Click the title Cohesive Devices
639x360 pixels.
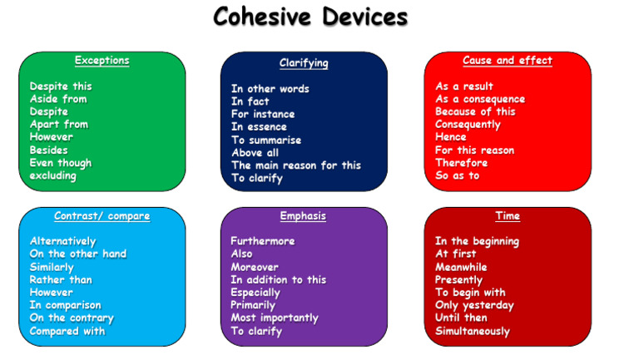pyautogui.click(x=310, y=17)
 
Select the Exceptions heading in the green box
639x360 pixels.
pyautogui.click(x=102, y=61)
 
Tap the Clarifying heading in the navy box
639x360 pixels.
pyautogui.click(x=304, y=63)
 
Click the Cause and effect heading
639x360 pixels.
pyautogui.click(x=507, y=61)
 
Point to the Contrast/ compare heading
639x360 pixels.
pyautogui.click(x=102, y=216)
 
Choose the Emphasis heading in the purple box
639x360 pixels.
pyautogui.click(x=303, y=216)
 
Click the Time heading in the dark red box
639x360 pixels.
pyautogui.click(x=507, y=216)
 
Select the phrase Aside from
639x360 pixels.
pyautogui.click(x=58, y=99)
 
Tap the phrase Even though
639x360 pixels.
pyautogui.click(x=61, y=163)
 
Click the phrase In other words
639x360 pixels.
pyautogui.click(x=270, y=89)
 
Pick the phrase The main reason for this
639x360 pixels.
pyautogui.click(x=295, y=165)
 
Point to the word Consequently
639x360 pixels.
pyautogui.click(x=468, y=125)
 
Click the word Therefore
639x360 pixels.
pyautogui.click(x=461, y=163)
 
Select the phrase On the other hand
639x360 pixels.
pyautogui.click(x=78, y=254)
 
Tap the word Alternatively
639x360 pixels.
pyautogui.click(x=62, y=241)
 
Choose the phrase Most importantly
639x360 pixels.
pyautogui.click(x=275, y=318)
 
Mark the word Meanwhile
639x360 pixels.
pyautogui.click(x=461, y=267)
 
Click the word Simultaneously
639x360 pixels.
pyautogui.click(x=472, y=331)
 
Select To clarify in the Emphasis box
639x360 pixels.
pyautogui.click(x=256, y=331)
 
